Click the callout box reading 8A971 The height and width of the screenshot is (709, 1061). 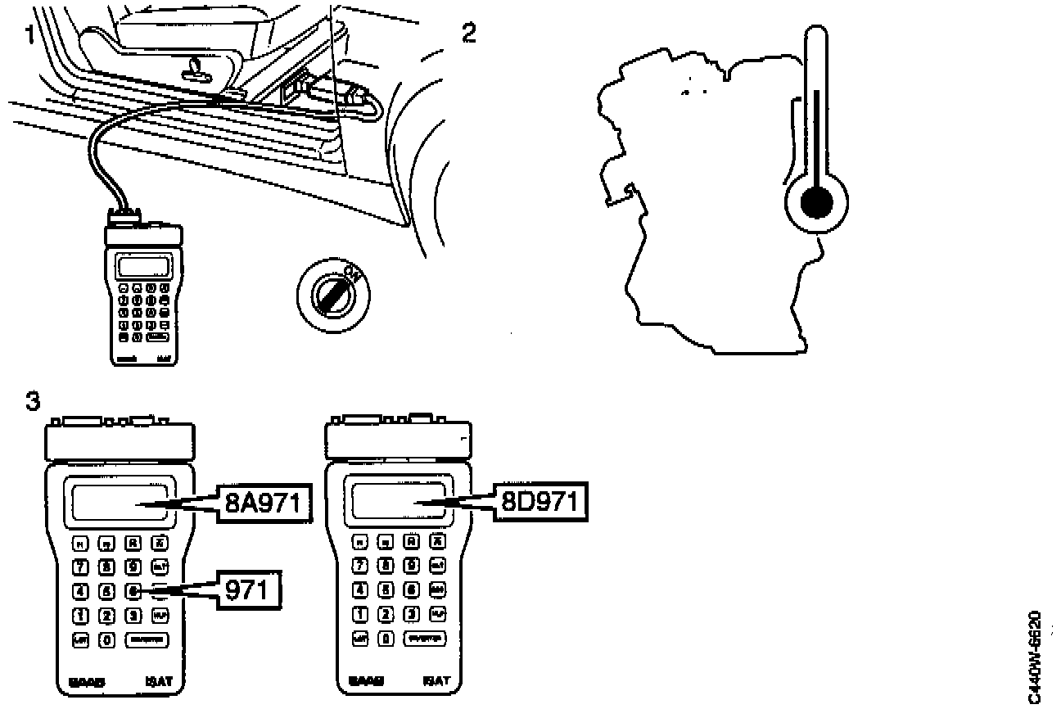(264, 502)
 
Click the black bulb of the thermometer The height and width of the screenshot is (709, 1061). (816, 201)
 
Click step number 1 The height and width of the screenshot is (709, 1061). (29, 36)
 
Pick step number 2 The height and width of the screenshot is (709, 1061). (468, 34)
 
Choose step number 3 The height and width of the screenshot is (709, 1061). (33, 401)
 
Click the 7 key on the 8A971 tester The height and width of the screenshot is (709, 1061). (80, 566)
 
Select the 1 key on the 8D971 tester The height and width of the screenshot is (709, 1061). (359, 613)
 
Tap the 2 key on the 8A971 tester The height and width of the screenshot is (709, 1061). (106, 614)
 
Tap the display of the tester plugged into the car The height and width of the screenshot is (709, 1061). (144, 266)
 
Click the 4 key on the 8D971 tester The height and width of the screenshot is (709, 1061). (359, 589)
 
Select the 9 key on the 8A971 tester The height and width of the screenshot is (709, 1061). (133, 566)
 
